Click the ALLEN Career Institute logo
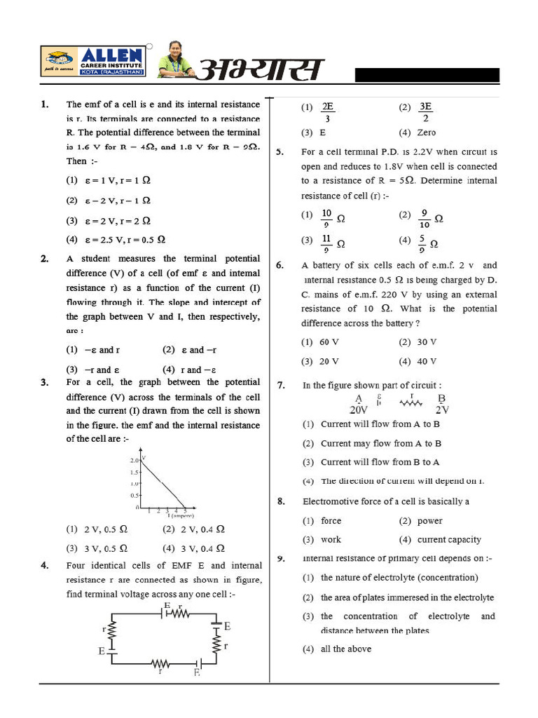(92, 62)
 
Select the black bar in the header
(427, 76)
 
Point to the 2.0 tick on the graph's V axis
(134, 461)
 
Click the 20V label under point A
(359, 409)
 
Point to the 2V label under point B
(442, 409)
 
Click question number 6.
(280, 265)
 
